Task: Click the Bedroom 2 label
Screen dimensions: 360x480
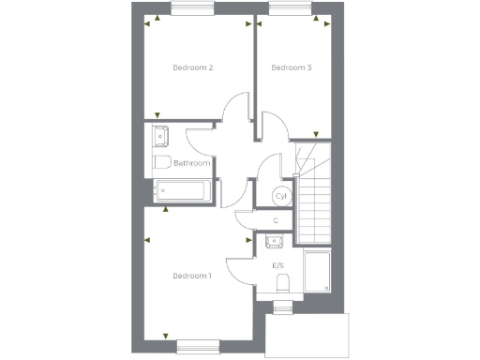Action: pyautogui.click(x=193, y=67)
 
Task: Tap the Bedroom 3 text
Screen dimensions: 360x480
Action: pyautogui.click(x=291, y=67)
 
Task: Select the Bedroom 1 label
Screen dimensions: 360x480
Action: pyautogui.click(x=192, y=276)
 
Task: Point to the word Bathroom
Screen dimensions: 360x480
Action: pyautogui.click(x=191, y=163)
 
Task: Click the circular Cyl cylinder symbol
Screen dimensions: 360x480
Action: pyautogui.click(x=280, y=197)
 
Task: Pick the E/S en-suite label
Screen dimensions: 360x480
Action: pyautogui.click(x=278, y=266)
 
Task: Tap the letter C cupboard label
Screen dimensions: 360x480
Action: pyautogui.click(x=275, y=221)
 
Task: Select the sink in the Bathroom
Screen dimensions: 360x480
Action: pyautogui.click(x=159, y=137)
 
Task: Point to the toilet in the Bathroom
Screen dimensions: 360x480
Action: pyautogui.click(x=162, y=163)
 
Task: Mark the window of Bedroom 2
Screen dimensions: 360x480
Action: pyautogui.click(x=193, y=9)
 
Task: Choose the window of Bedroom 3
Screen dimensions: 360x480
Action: pyautogui.click(x=290, y=9)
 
